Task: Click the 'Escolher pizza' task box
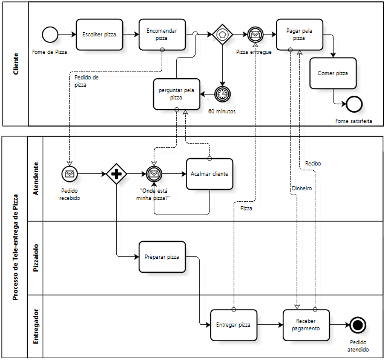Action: tap(99, 35)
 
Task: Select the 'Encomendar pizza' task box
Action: tap(162, 35)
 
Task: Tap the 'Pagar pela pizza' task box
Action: tap(299, 35)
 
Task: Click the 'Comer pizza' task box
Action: tap(333, 73)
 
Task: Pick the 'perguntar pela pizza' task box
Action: tap(176, 94)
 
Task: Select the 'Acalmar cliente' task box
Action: tap(209, 174)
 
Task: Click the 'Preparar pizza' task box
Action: tap(162, 257)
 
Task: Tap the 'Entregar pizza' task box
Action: tap(233, 325)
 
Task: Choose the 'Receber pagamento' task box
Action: tap(306, 325)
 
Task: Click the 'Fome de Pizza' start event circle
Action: tap(50, 35)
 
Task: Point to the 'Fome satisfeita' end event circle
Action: tap(354, 104)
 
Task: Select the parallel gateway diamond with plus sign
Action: tap(116, 174)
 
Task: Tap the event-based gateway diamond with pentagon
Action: tap(222, 35)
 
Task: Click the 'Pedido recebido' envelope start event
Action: tap(70, 174)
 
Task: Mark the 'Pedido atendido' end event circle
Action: tap(357, 325)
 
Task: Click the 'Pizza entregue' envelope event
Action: tap(255, 35)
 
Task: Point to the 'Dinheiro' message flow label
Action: tap(301, 188)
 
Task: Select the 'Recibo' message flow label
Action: tap(313, 163)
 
